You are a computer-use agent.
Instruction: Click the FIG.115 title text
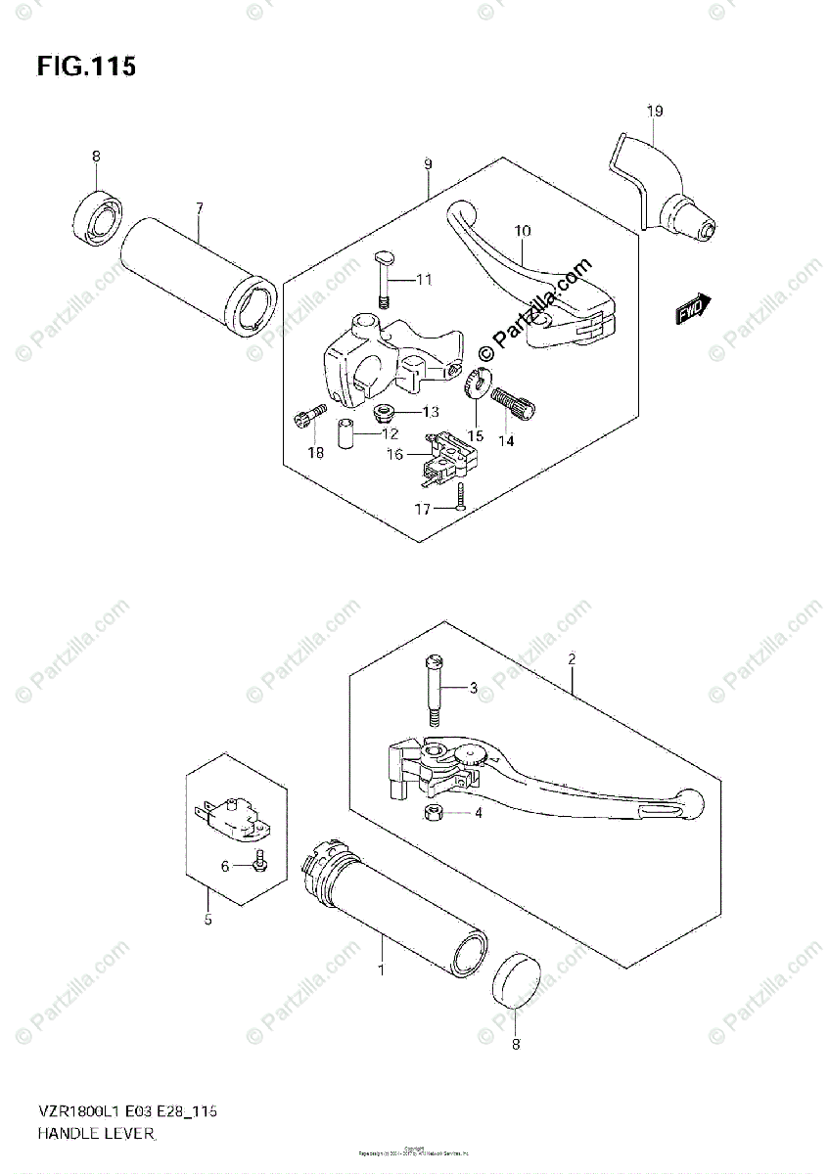(x=86, y=68)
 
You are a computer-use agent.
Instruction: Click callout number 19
(x=654, y=111)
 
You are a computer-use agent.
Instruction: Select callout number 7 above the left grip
(x=199, y=207)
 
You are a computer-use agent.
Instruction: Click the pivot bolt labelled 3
(x=435, y=689)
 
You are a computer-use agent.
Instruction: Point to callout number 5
(x=207, y=918)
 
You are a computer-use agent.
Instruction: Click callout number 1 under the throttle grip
(x=382, y=970)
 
